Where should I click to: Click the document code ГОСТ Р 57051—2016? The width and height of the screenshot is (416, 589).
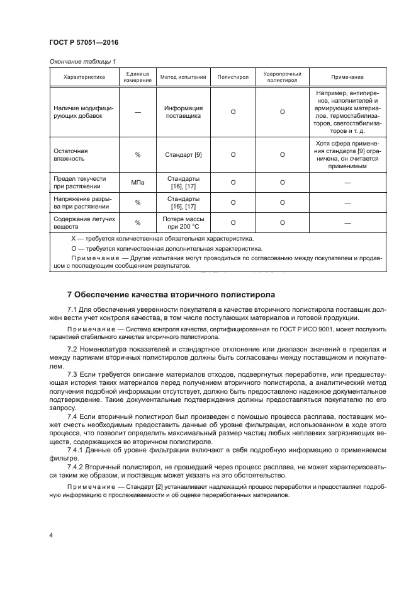click(83, 42)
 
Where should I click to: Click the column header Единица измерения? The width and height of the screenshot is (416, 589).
click(137, 77)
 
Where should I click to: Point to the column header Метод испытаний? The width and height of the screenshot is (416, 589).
click(183, 77)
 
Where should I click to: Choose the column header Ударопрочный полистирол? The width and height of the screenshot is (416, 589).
click(282, 77)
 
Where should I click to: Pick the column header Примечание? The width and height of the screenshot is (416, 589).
click(347, 77)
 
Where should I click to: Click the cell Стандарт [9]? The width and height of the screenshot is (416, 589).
click(183, 154)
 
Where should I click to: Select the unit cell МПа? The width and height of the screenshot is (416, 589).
click(137, 183)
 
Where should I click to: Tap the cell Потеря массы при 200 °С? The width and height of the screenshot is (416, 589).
click(183, 222)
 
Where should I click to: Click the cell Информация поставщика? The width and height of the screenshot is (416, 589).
click(183, 112)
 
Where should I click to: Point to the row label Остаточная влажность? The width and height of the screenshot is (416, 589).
click(70, 154)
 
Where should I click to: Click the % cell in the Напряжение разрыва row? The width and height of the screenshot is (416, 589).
click(137, 202)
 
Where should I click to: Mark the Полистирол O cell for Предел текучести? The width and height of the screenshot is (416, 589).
click(233, 183)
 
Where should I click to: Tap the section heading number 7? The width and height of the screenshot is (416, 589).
click(70, 295)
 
